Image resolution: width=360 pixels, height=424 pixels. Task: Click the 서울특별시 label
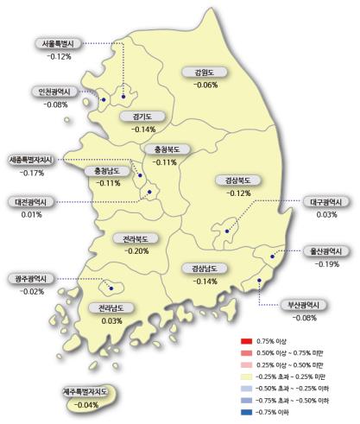(59, 44)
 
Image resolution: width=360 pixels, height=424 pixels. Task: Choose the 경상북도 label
(233, 180)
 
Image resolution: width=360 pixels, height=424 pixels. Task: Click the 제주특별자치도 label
(84, 392)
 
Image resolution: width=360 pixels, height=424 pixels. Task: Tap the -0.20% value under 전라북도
(136, 250)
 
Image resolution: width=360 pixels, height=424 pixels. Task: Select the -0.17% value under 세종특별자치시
(31, 173)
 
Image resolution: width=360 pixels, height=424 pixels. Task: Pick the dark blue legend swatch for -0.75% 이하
(246, 410)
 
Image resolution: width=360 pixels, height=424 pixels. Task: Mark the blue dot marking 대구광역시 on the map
(226, 231)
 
